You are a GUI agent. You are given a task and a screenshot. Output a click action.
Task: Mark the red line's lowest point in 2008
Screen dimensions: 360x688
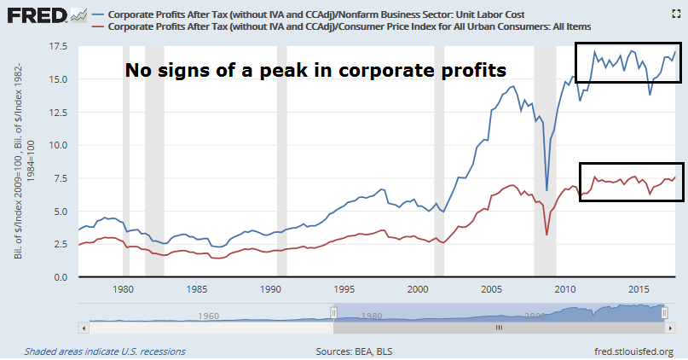[546, 235]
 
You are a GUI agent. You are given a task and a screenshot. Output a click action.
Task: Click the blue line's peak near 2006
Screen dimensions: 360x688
[512, 86]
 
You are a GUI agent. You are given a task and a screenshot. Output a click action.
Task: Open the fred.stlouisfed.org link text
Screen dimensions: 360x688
[631, 351]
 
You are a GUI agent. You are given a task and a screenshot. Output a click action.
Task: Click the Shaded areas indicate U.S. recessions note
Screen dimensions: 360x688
[104, 351]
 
